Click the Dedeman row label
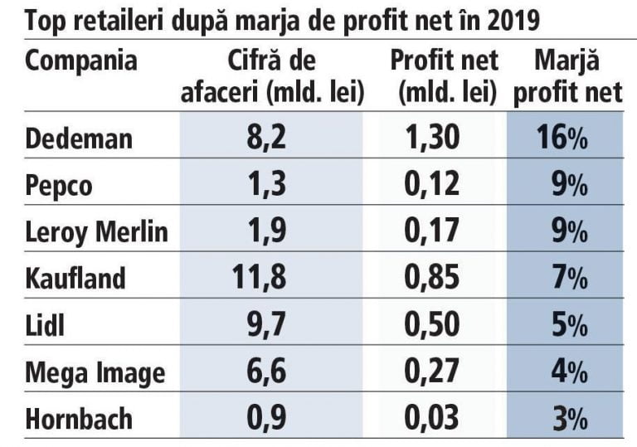pos(79,137)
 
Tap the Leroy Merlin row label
pos(96,231)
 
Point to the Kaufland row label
pos(75,278)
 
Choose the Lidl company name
pos(45,325)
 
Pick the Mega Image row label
pos(95,372)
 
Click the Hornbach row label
pos(79,419)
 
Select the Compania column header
pos(81,62)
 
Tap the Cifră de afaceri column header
pos(273,76)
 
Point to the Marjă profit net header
pos(567,76)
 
